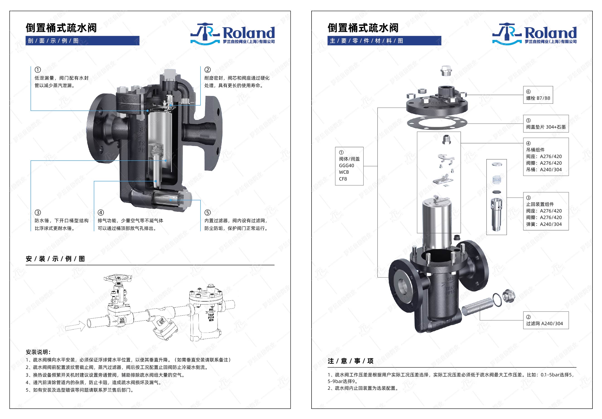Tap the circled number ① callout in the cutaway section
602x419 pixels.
tap(38, 70)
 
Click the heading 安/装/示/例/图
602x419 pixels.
tap(55, 259)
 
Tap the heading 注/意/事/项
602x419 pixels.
tap(350, 361)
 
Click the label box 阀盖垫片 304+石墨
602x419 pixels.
tap(546, 124)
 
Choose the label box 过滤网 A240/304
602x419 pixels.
tap(546, 320)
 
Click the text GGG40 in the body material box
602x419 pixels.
tap(346, 166)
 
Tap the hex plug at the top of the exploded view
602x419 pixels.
tap(446, 71)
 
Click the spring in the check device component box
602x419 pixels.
tap(497, 180)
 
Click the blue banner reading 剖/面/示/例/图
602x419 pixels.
tap(82, 41)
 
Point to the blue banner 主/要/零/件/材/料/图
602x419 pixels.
tap(384, 41)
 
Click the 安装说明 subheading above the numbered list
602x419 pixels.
tap(38, 352)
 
